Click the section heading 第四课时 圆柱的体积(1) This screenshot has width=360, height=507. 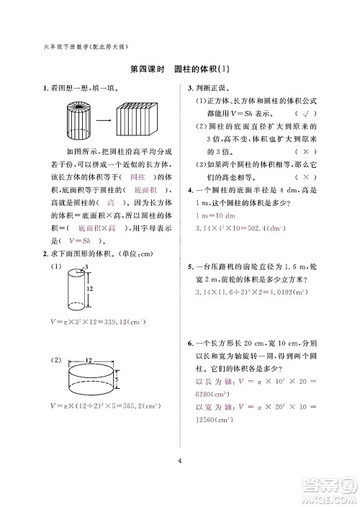click(x=179, y=70)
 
